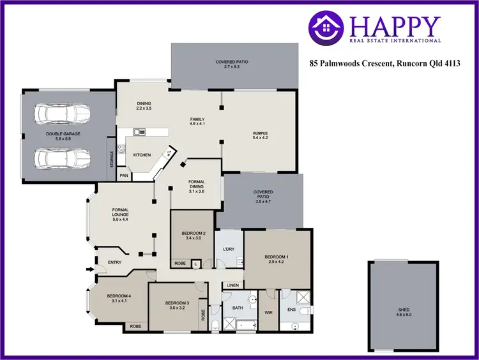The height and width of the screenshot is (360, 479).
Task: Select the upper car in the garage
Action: click(62, 114)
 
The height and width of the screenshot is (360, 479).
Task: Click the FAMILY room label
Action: click(198, 119)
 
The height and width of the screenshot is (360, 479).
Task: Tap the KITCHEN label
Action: click(142, 155)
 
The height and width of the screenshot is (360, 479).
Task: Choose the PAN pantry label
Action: click(124, 175)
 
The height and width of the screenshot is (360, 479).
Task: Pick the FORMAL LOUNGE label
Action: click(121, 212)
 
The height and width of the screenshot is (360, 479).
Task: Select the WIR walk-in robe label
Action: click(268, 313)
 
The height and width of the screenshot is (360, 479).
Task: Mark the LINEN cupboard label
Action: click(232, 285)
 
